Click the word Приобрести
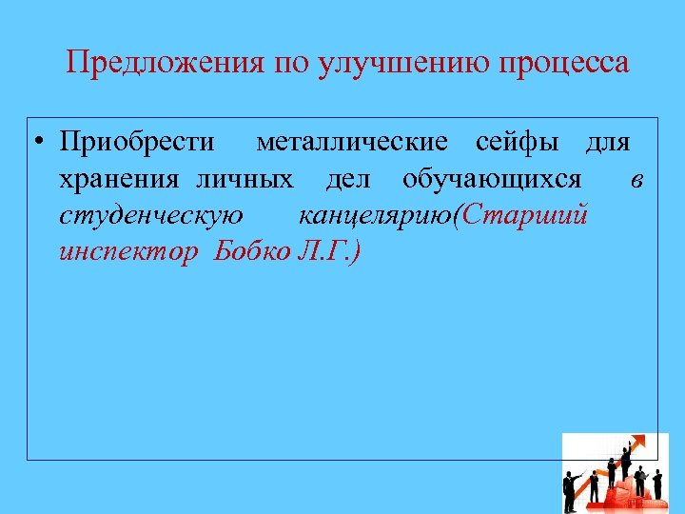pyautogui.click(x=137, y=143)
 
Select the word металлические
pyautogui.click(x=352, y=143)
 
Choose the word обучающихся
pyautogui.click(x=492, y=179)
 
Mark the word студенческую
pyautogui.click(x=150, y=216)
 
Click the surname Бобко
pyautogui.click(x=249, y=252)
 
